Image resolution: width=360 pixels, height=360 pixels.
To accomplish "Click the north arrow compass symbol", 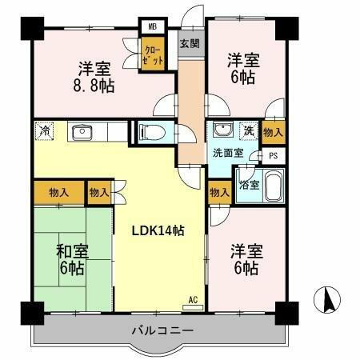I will pyautogui.click(x=326, y=300).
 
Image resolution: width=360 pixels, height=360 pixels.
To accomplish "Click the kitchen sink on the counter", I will pyautogui.click(x=82, y=131).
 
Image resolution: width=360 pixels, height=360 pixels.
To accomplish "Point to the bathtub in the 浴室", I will pyautogui.click(x=273, y=188).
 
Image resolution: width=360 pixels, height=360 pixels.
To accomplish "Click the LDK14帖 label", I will pyautogui.click(x=158, y=230).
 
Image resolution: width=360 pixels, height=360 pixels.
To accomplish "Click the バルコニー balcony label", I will pyautogui.click(x=161, y=330).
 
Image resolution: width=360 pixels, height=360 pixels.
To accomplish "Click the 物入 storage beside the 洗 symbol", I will pyautogui.click(x=274, y=131).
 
